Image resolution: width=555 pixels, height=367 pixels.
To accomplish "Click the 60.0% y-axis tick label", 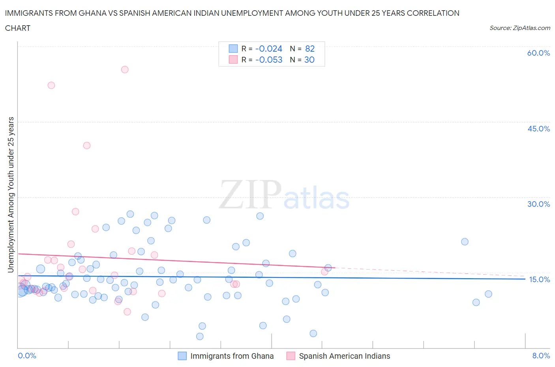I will (x=538, y=53).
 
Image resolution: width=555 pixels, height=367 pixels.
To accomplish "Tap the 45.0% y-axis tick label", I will (x=538, y=129).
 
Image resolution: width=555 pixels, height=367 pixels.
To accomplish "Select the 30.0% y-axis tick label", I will (x=538, y=204).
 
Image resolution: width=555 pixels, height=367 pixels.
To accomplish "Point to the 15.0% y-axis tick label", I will (x=539, y=279).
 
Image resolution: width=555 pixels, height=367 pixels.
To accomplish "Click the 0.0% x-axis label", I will (x=27, y=356).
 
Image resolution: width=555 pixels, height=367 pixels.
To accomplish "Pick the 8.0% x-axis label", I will (x=541, y=356).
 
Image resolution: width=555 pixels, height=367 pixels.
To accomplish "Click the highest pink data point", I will (x=125, y=69).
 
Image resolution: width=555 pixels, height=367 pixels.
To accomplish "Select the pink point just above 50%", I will (x=51, y=85).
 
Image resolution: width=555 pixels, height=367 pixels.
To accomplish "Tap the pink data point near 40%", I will (x=87, y=145).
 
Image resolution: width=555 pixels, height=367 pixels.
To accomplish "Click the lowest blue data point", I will (x=200, y=336).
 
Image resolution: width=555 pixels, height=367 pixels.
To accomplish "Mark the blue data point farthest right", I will (x=488, y=294).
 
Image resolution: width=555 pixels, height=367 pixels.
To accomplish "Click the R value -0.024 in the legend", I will (x=269, y=49).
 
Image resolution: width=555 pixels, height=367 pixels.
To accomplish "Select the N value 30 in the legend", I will (x=309, y=60).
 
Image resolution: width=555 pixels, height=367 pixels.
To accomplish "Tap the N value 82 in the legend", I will (x=310, y=49).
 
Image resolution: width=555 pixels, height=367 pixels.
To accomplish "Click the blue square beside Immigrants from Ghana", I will (x=182, y=356).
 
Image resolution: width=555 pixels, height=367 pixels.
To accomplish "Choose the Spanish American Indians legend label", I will (x=344, y=356).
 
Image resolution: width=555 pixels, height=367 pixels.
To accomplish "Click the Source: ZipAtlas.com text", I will (x=519, y=28).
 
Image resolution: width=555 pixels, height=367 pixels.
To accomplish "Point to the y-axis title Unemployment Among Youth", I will (x=11, y=195).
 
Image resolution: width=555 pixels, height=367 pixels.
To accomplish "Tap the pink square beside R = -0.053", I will (x=233, y=60).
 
